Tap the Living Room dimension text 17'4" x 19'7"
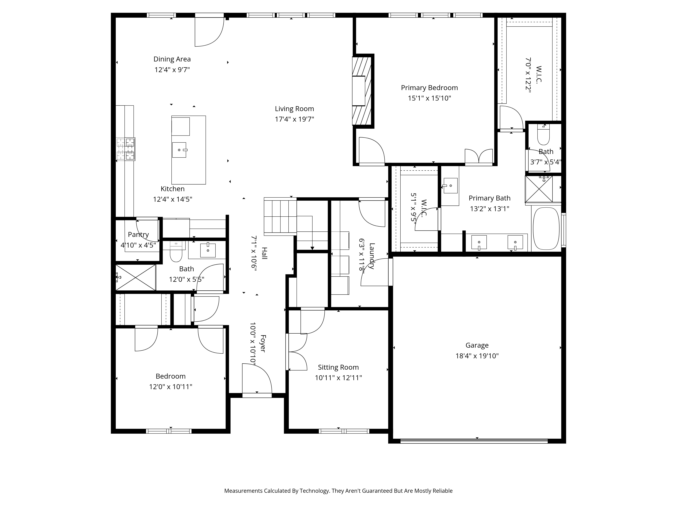point(294,119)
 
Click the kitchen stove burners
point(125,149)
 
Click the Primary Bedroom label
point(429,88)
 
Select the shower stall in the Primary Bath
point(539,189)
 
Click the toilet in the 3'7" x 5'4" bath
point(544,135)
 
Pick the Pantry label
point(138,235)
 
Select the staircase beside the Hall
point(280,216)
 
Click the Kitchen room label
point(173,189)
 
